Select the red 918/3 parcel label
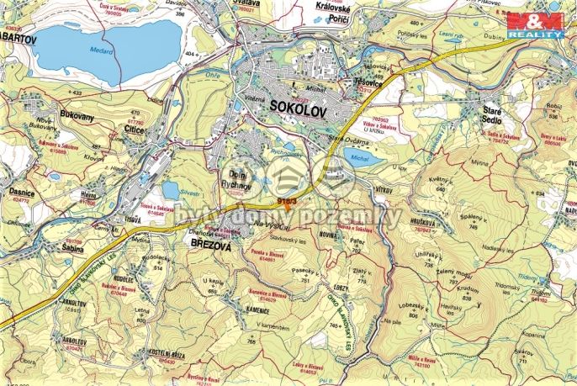click(287, 202)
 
